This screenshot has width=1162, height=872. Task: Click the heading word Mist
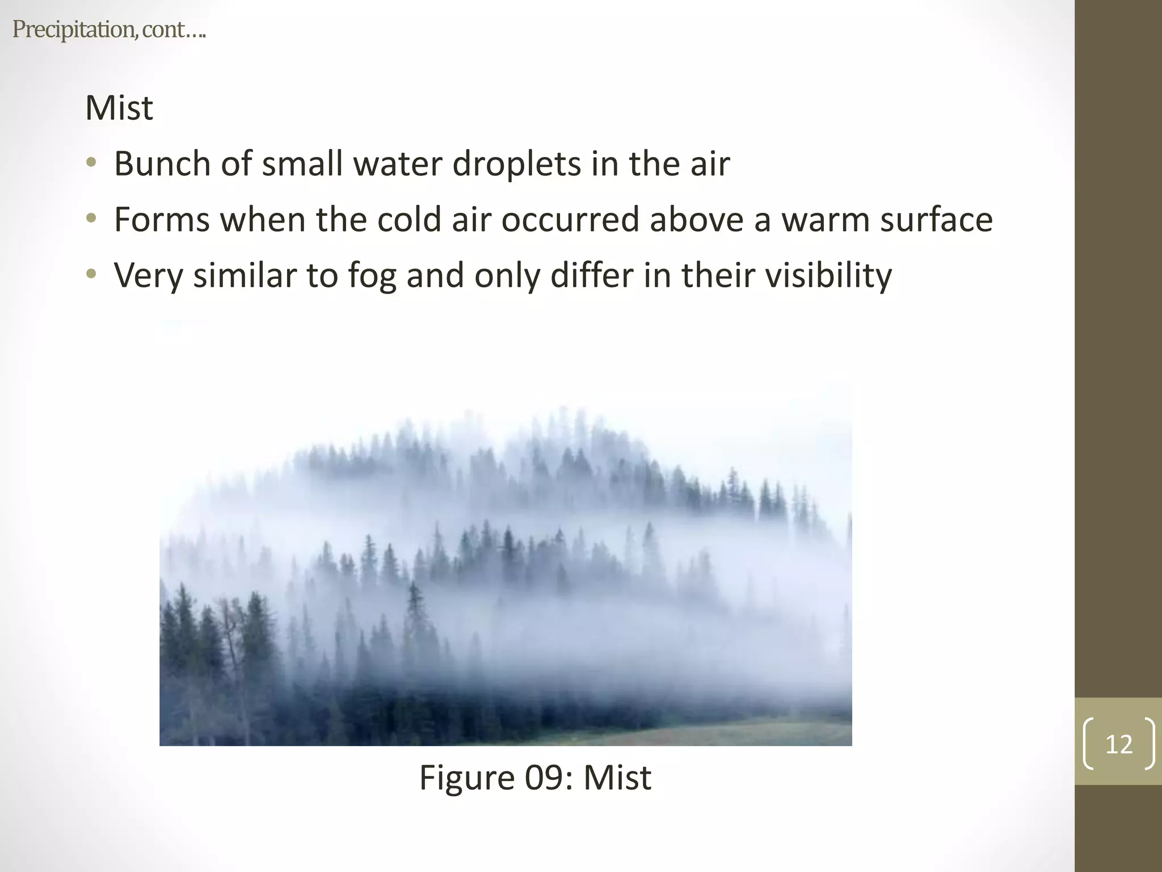pyautogui.click(x=119, y=108)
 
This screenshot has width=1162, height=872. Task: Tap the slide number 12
pyautogui.click(x=1118, y=744)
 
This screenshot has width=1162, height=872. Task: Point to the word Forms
pyautogui.click(x=162, y=220)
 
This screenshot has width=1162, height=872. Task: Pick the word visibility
pyautogui.click(x=828, y=275)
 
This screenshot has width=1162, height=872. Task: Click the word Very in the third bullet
pyautogui.click(x=149, y=276)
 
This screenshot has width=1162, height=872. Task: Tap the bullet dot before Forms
pyautogui.click(x=91, y=219)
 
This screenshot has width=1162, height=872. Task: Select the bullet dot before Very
pyautogui.click(x=91, y=275)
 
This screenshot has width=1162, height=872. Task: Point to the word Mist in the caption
pyautogui.click(x=617, y=777)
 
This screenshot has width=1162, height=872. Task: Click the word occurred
pyautogui.click(x=570, y=220)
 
